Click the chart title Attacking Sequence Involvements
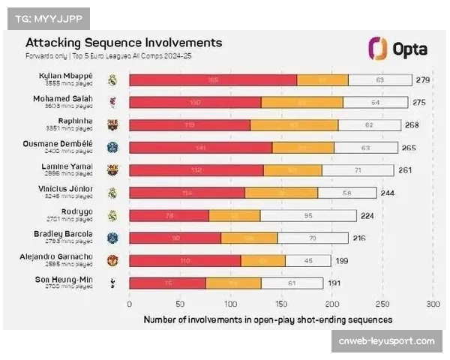(124, 43)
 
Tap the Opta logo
(398, 49)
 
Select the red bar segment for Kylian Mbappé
(213, 79)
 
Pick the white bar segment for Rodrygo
(308, 216)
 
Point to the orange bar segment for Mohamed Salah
(301, 102)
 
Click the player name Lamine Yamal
(68, 166)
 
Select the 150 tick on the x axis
(281, 304)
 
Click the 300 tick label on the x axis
(433, 304)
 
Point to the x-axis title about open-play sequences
(268, 319)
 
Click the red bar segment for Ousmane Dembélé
(200, 148)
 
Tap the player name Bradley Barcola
(67, 235)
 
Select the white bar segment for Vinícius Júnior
(346, 193)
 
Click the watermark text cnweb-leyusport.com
(386, 341)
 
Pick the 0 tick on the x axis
(130, 304)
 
